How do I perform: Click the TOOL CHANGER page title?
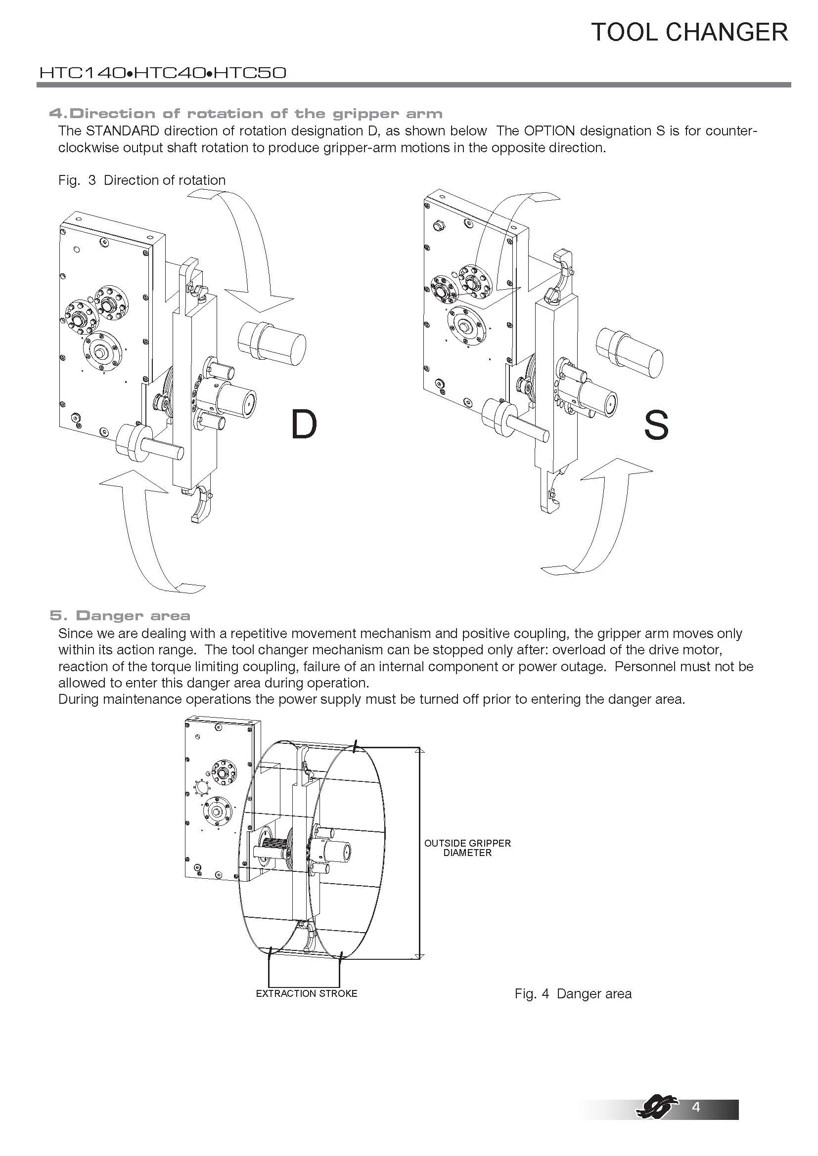[689, 32]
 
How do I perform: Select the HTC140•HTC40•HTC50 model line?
[163, 74]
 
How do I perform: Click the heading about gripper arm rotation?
[246, 114]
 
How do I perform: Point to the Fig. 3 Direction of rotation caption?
[142, 180]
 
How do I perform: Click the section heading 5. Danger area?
[120, 615]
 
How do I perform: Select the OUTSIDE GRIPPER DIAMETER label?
[467, 848]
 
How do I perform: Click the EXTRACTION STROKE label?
[306, 993]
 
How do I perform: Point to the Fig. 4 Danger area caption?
[573, 994]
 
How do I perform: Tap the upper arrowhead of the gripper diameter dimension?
[421, 750]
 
